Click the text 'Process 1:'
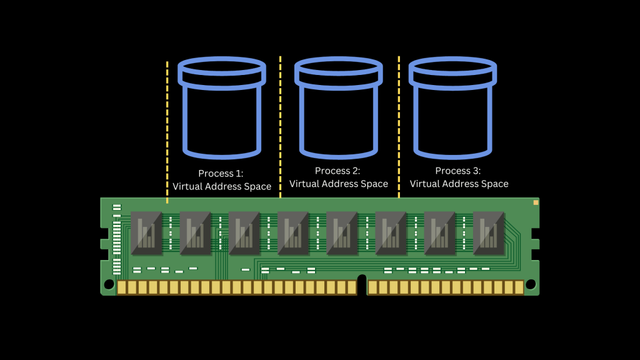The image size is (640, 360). [x=221, y=173]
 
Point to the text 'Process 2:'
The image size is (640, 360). [x=338, y=171]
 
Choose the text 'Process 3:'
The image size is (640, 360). [x=459, y=171]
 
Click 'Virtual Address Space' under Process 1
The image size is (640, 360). [x=222, y=186]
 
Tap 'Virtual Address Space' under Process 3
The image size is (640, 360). [x=459, y=184]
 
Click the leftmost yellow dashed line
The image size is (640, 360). [x=167, y=131]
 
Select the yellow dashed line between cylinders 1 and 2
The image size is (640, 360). [x=280, y=125]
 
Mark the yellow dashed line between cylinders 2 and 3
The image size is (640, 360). [x=399, y=125]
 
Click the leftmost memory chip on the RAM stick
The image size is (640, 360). [x=147, y=232]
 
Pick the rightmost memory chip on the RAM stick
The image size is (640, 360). [x=489, y=232]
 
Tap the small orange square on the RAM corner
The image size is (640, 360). [x=536, y=202]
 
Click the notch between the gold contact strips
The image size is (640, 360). [x=361, y=284]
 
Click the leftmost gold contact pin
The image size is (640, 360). [x=122, y=287]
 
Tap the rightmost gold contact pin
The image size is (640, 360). [x=519, y=287]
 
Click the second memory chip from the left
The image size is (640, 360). [x=196, y=232]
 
